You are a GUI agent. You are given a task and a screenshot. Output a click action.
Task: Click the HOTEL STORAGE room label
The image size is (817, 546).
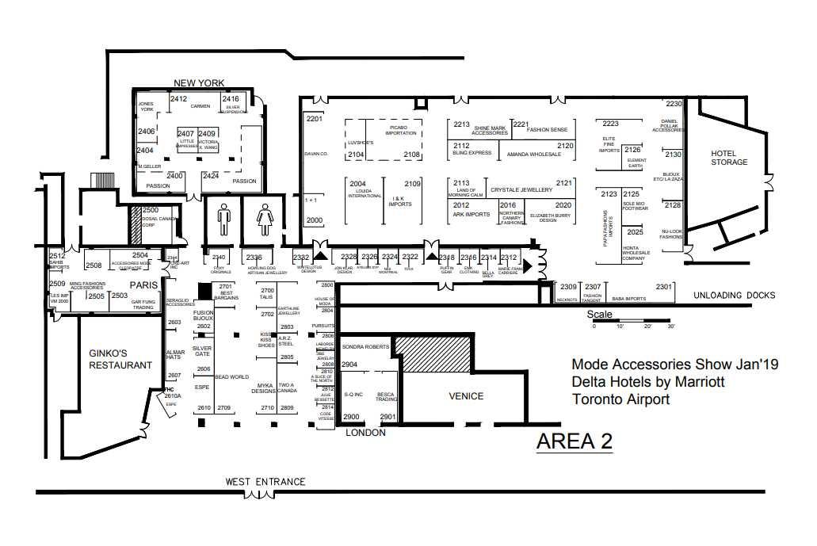point(728,158)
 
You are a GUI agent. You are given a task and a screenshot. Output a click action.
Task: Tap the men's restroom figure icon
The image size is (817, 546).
point(223,218)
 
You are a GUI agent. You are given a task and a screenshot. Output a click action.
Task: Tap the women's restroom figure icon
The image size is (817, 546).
point(264,219)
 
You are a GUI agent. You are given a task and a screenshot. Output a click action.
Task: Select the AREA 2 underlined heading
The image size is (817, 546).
point(575,442)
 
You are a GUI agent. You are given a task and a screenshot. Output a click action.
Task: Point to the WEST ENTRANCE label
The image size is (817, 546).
point(265,481)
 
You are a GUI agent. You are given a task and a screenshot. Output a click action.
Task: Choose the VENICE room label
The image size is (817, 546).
point(466,396)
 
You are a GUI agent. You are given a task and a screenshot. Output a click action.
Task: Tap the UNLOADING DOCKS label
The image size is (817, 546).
point(734,296)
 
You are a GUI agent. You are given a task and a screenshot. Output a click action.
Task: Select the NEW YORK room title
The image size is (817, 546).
point(200,83)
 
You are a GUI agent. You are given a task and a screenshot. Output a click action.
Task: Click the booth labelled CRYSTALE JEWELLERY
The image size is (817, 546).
point(521,190)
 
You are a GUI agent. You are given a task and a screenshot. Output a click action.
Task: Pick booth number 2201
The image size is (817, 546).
point(315,119)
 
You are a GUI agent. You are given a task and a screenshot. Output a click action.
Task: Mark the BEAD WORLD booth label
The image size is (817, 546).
point(232,377)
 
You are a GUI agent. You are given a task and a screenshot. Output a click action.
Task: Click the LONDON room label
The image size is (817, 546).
point(365,433)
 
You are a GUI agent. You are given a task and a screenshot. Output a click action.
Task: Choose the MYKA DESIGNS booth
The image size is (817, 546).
point(262,388)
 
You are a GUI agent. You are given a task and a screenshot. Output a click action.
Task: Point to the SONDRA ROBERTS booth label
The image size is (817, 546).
point(366,347)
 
